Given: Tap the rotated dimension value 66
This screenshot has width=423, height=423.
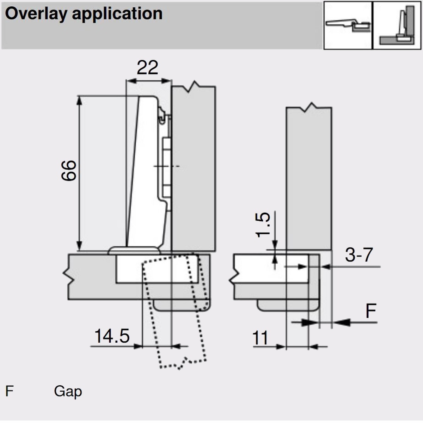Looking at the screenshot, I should pyautogui.click(x=69, y=171).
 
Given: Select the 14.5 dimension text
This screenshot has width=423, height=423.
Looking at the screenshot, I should pyautogui.click(x=112, y=336).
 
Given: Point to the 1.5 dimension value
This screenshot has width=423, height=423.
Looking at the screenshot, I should pyautogui.click(x=263, y=225).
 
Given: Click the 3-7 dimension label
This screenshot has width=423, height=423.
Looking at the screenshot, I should pyautogui.click(x=358, y=255).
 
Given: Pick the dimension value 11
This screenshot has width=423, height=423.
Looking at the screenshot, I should pyautogui.click(x=260, y=338).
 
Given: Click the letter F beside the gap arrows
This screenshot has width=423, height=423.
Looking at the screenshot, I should pyautogui.click(x=370, y=311).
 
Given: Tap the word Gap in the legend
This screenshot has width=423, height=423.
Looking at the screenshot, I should pyautogui.click(x=68, y=392).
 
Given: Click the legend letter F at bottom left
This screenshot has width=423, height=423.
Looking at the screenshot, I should pyautogui.click(x=9, y=391).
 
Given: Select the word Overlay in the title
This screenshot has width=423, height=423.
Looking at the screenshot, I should pyautogui.click(x=36, y=14).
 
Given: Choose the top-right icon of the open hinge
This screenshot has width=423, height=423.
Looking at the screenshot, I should pyautogui.click(x=348, y=25).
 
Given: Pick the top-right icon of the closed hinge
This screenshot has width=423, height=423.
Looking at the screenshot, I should pyautogui.click(x=397, y=25).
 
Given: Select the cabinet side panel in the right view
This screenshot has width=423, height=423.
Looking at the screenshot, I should pyautogui.click(x=309, y=176).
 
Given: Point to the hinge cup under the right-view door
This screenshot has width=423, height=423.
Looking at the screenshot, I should pyautogui.click(x=287, y=305).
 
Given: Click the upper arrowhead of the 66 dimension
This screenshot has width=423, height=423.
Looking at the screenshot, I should pyautogui.click(x=79, y=100).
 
